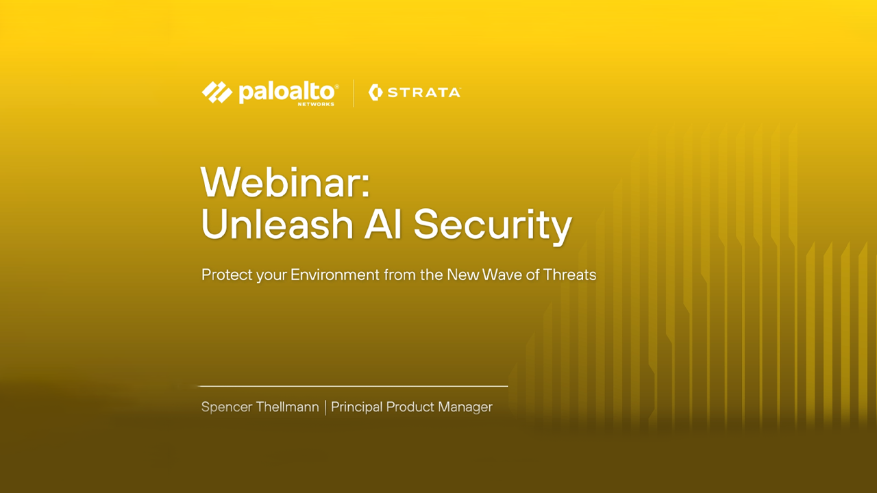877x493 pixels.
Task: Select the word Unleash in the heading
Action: coord(277,224)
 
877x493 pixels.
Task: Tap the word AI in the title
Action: coord(383,224)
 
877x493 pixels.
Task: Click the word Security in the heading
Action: coord(493,226)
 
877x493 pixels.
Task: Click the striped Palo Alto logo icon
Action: coord(217,92)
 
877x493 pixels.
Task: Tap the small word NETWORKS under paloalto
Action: coord(316,104)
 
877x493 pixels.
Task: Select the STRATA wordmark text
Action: coord(423,92)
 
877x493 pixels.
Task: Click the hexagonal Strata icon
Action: coord(375,92)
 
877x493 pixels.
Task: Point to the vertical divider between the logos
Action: coord(354,93)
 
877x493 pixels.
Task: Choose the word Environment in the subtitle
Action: coord(335,275)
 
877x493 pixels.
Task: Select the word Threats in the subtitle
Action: coord(569,275)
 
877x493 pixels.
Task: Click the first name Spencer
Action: coord(227,407)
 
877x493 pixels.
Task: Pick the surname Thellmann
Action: coord(288,407)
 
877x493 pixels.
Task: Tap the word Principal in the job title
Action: coord(357,407)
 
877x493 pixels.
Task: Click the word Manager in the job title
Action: coord(465,407)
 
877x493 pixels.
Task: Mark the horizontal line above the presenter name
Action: coord(354,386)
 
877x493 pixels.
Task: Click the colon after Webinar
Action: coord(365,186)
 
